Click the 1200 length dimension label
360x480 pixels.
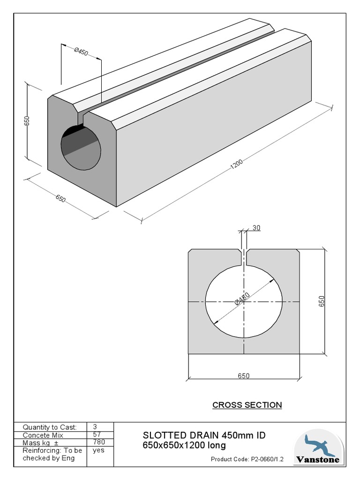coord(236,163)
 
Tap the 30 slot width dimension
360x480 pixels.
coord(256,228)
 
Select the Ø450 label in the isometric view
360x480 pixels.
coord(81,51)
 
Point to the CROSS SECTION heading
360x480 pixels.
coord(247,405)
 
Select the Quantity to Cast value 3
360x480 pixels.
coord(95,427)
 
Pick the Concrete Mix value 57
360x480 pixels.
coord(97,435)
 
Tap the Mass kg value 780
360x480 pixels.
coord(99,442)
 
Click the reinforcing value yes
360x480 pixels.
coord(98,450)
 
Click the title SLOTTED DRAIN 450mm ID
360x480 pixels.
coord(204,435)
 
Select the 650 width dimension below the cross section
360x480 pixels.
coord(244,375)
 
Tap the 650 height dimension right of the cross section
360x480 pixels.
coord(322,301)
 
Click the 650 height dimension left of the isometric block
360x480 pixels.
coord(27,120)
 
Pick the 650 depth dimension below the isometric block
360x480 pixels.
coord(60,198)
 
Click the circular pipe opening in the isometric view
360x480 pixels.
coord(81,147)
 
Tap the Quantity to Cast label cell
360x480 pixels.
coord(50,427)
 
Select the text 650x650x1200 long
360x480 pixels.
coord(184,445)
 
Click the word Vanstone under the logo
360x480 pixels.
coord(317,460)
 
